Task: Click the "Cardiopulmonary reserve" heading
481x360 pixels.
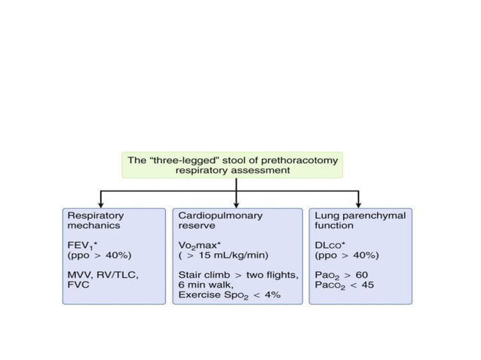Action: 220,220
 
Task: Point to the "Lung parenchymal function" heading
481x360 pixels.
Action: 360,220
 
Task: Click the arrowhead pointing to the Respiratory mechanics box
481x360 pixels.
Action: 101,204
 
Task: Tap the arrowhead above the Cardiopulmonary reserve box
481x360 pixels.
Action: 237,204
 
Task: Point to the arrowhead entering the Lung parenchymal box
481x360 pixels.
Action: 359,204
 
